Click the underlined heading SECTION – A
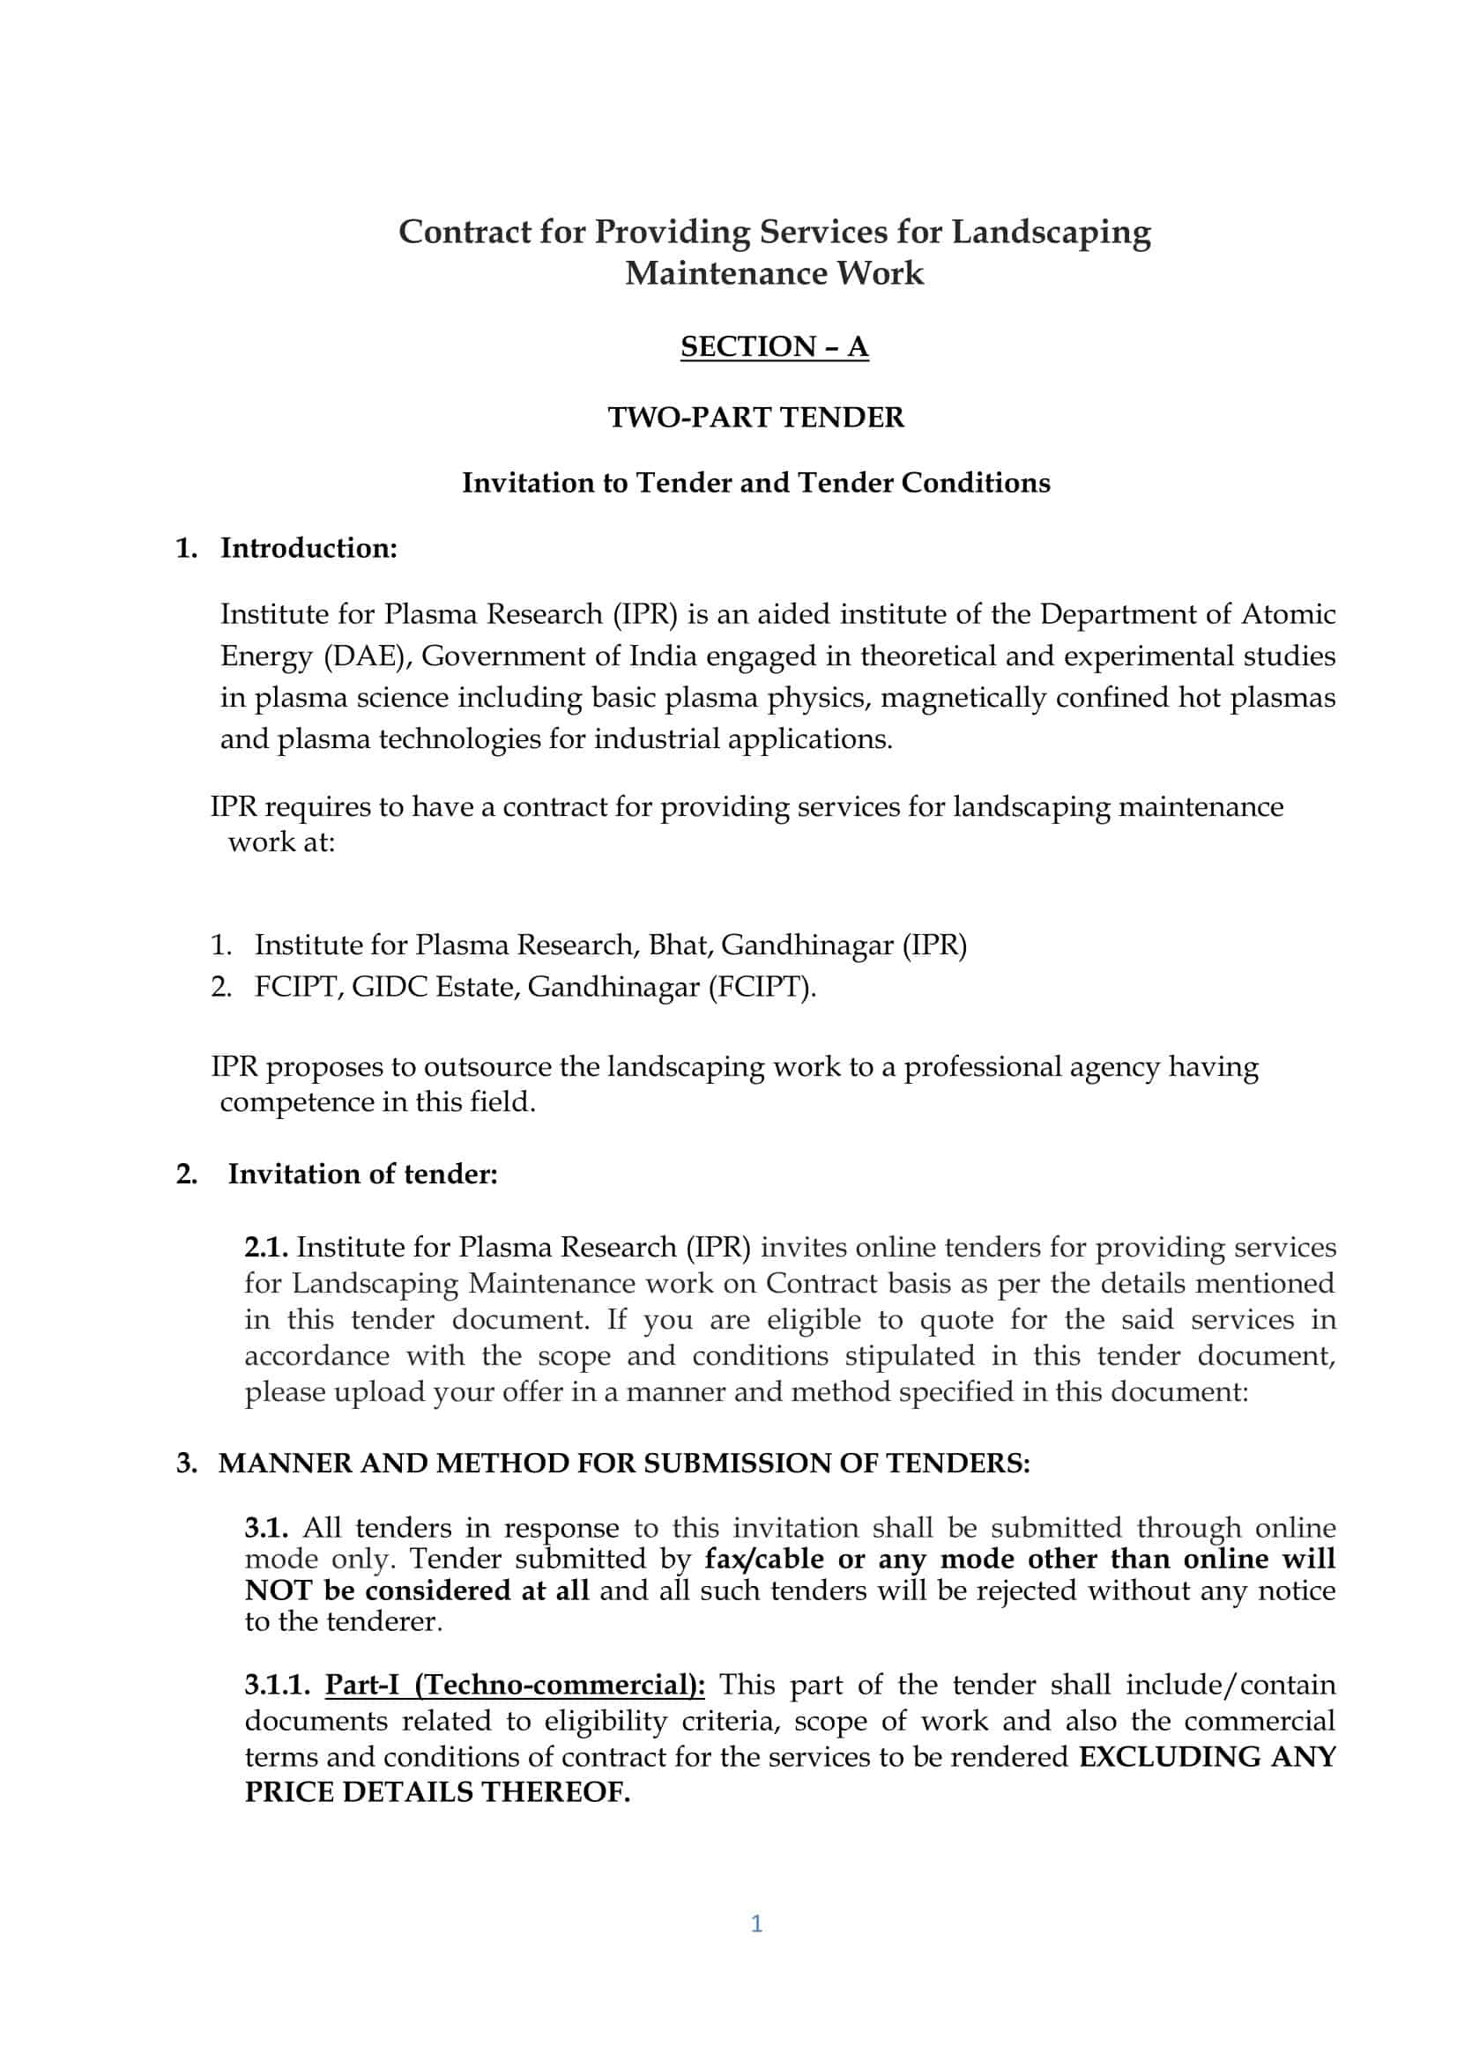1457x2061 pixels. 774,346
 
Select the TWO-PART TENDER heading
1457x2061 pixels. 756,418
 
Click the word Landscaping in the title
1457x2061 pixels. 1051,232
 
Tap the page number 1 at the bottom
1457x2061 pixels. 756,1923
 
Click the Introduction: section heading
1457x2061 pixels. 308,548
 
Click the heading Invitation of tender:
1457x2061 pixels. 361,1174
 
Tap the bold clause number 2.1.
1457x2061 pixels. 265,1247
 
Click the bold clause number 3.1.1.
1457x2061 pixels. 278,1685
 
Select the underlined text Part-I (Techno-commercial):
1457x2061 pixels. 515,1685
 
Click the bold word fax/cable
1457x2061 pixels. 763,1560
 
